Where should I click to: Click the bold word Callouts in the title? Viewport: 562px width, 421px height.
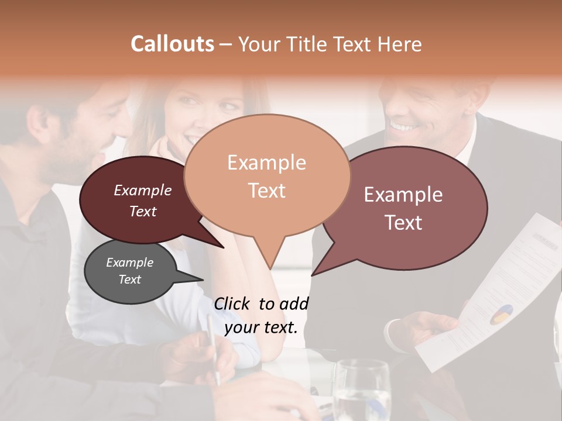(172, 44)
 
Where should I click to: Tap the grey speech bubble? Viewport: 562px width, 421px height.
(130, 271)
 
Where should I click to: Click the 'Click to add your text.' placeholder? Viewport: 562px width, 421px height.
(261, 315)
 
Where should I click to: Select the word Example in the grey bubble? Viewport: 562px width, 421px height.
(130, 263)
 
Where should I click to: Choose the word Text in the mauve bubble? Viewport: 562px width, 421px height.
(404, 223)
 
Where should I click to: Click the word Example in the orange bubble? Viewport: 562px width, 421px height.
(267, 163)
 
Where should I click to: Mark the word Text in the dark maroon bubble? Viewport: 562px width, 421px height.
(143, 211)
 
